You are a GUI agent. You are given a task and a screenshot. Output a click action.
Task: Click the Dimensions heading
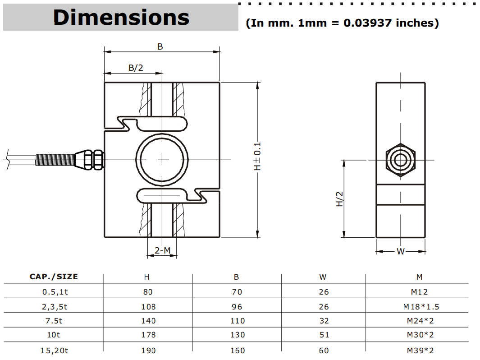pyautogui.click(x=121, y=18)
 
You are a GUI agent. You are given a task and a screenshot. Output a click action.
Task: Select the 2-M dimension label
pyautogui.click(x=162, y=250)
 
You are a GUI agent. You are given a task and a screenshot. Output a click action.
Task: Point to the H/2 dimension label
pyautogui.click(x=340, y=198)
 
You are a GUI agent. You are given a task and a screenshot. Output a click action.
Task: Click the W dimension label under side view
pyautogui.click(x=400, y=252)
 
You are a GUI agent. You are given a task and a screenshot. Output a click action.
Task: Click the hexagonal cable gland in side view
pyautogui.click(x=400, y=160)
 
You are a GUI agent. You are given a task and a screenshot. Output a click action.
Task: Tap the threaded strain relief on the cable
pyautogui.click(x=55, y=160)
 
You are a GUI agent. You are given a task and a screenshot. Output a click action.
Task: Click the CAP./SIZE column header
pyautogui.click(x=54, y=277)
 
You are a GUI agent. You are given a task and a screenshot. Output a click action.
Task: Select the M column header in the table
pyautogui.click(x=419, y=277)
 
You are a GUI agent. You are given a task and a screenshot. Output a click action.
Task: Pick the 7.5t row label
pyautogui.click(x=54, y=321)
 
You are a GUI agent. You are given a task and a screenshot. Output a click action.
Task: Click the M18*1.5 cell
pyautogui.click(x=421, y=307)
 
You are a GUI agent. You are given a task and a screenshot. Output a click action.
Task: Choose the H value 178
pyautogui.click(x=148, y=335)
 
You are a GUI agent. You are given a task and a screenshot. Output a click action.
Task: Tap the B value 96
pyautogui.click(x=237, y=307)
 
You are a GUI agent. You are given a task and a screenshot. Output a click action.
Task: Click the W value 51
pyautogui.click(x=324, y=335)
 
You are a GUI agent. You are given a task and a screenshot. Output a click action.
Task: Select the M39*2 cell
pyautogui.click(x=421, y=350)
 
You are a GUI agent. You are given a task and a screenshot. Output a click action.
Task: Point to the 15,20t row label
pyautogui.click(x=54, y=350)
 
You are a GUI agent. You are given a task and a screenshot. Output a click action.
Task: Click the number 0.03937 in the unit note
pyautogui.click(x=368, y=23)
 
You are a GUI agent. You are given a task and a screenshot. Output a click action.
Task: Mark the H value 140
pyautogui.click(x=148, y=321)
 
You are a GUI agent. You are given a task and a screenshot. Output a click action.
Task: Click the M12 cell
pyautogui.click(x=419, y=292)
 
